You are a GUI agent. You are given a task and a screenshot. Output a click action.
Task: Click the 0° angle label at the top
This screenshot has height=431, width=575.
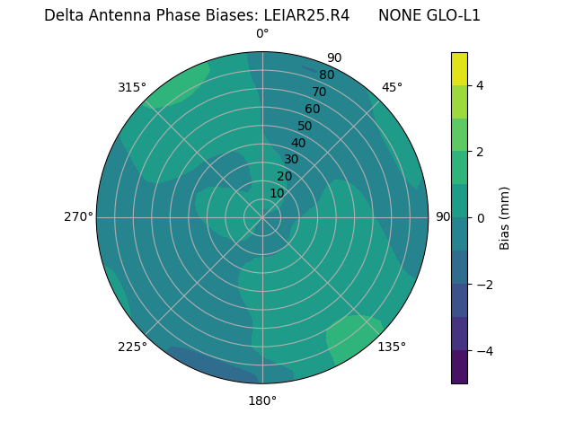click(x=262, y=34)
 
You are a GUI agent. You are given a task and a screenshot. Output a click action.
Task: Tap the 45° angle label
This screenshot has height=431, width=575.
click(x=392, y=87)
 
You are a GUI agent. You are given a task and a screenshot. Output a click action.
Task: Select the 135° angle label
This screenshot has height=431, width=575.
click(x=392, y=347)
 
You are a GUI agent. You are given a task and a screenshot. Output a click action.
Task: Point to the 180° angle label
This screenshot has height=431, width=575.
click(x=262, y=400)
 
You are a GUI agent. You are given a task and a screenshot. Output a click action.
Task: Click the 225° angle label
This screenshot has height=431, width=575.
click(x=132, y=347)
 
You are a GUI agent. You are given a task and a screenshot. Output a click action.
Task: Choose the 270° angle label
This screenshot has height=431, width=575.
click(x=78, y=216)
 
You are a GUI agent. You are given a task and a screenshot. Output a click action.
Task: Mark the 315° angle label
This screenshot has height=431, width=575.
click(x=132, y=87)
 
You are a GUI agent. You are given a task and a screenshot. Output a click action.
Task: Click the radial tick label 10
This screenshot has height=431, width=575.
click(x=277, y=193)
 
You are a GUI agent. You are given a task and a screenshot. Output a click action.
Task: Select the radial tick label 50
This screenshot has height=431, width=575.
click(x=305, y=126)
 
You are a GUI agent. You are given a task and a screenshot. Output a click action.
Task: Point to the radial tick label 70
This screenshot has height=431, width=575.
click(x=319, y=92)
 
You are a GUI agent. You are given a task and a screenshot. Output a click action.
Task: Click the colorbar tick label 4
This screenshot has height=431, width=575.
click(x=481, y=85)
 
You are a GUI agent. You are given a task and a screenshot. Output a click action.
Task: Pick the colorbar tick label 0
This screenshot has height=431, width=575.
click(x=481, y=217)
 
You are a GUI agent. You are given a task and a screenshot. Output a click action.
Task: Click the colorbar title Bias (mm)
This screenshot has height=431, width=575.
click(x=505, y=217)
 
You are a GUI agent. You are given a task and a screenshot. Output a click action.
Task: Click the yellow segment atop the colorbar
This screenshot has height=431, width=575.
click(x=459, y=68)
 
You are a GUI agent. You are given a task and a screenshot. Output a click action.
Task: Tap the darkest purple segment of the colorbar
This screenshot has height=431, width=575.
click(x=459, y=367)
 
